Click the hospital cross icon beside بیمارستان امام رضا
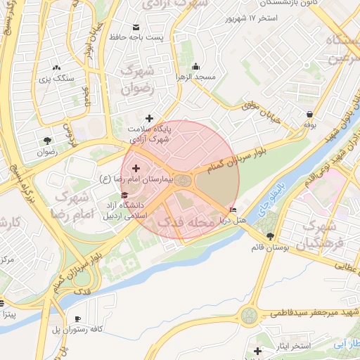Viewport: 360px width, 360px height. [136, 169]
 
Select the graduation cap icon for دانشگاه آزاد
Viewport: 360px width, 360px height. [125, 195]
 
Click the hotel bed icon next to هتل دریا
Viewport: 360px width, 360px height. [233, 210]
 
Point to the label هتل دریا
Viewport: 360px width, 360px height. [250, 221]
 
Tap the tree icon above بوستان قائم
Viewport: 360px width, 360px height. [271, 236]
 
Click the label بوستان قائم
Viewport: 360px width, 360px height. [271, 247]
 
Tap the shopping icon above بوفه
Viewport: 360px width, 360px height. [310, 114]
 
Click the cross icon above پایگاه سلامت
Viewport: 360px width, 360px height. [148, 118]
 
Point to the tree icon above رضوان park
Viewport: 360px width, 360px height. [46, 139]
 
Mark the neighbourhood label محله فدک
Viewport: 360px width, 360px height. [184, 222]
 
